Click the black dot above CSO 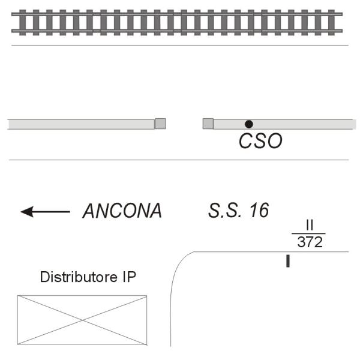(x=249, y=124)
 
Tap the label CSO (x=260, y=142)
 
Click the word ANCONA (x=122, y=211)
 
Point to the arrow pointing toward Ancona (x=46, y=211)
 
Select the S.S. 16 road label (x=239, y=211)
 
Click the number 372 (x=310, y=242)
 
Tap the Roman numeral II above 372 (x=310, y=226)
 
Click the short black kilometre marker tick (x=288, y=261)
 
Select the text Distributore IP (x=88, y=277)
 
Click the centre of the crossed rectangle (x=82, y=320)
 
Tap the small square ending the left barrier (x=160, y=124)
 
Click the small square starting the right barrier (x=208, y=124)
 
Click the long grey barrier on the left (x=81, y=124)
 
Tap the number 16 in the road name (x=259, y=211)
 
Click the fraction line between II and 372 (x=308, y=234)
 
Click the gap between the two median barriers (x=184, y=124)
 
